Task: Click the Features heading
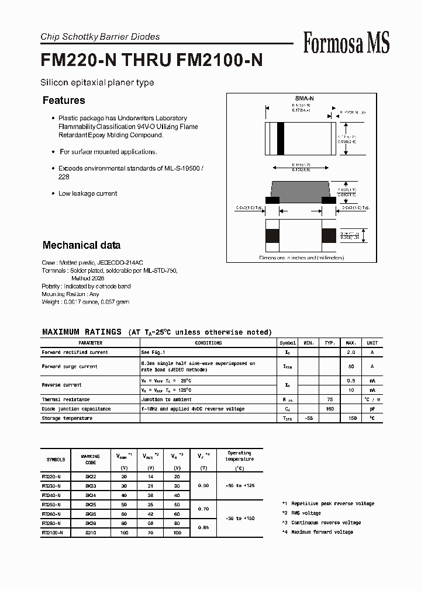64,100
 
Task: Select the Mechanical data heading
81,245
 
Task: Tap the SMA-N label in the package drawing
304,100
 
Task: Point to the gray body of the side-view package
301,190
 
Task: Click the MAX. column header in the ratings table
351,343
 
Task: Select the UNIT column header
372,343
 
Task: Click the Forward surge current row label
70,366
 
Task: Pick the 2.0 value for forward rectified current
351,352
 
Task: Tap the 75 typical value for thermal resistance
330,399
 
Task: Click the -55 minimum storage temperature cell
309,418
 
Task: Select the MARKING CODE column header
90,460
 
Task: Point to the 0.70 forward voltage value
203,509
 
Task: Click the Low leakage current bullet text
88,193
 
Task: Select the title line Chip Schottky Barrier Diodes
100,37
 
